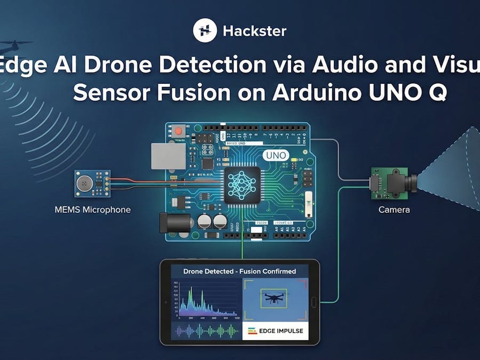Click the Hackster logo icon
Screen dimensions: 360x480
(204, 30)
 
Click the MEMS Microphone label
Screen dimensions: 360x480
(92, 210)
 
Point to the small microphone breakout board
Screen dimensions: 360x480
(92, 183)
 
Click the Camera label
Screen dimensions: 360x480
(394, 210)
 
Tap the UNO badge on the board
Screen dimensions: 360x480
(276, 156)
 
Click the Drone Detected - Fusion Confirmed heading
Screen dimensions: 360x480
(239, 271)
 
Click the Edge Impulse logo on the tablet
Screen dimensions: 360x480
(276, 331)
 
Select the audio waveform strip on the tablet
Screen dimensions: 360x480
(206, 331)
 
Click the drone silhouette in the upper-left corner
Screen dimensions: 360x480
(16, 46)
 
